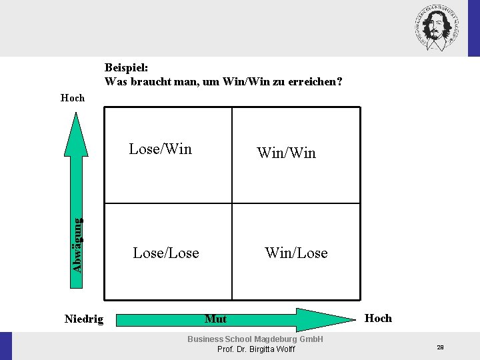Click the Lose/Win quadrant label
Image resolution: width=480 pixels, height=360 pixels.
(x=160, y=149)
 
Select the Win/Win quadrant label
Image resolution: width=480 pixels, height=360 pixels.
(x=286, y=153)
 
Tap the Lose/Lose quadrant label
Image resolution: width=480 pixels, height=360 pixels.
(x=166, y=253)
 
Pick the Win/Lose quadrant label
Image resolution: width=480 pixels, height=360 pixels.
(x=296, y=253)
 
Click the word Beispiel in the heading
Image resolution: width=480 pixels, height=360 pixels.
(x=126, y=67)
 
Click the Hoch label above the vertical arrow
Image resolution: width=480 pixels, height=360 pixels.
(x=73, y=98)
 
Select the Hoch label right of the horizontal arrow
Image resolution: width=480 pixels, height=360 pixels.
(x=378, y=318)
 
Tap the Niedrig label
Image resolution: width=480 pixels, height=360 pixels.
(x=84, y=319)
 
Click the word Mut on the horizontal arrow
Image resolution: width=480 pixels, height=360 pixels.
(x=215, y=319)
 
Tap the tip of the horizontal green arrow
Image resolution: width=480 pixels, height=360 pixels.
(x=357, y=319)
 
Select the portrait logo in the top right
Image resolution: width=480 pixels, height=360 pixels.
(x=437, y=27)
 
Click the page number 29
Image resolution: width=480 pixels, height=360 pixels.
(x=440, y=347)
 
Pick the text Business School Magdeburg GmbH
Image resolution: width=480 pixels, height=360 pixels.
(x=255, y=339)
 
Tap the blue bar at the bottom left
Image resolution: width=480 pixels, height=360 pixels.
(x=6, y=345)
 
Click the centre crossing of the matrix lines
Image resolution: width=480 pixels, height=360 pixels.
(x=232, y=203)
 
